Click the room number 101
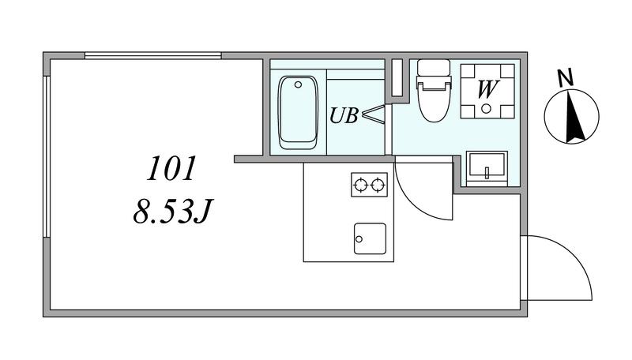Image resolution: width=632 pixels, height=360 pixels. [171, 169]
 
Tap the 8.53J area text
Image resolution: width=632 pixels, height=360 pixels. [172, 212]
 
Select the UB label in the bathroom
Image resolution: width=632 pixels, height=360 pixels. [344, 115]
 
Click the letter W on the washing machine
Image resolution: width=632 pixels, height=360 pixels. [487, 89]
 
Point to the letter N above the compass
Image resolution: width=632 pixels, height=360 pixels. [565, 77]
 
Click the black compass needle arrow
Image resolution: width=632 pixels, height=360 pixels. [574, 117]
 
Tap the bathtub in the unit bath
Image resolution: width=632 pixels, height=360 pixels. [299, 112]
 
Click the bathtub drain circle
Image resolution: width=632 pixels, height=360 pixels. [299, 84]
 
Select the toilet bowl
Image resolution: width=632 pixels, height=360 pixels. [434, 101]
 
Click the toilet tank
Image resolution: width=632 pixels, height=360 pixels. [434, 68]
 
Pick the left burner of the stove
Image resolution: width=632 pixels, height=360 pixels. [360, 185]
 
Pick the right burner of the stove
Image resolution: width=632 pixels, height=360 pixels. [378, 185]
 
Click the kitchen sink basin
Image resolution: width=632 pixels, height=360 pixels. [370, 238]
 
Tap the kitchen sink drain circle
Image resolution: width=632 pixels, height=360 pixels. [359, 239]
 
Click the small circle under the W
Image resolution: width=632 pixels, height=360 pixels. [487, 108]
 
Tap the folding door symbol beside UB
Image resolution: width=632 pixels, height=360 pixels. [373, 114]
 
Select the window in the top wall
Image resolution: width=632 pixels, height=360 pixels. [153, 55]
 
